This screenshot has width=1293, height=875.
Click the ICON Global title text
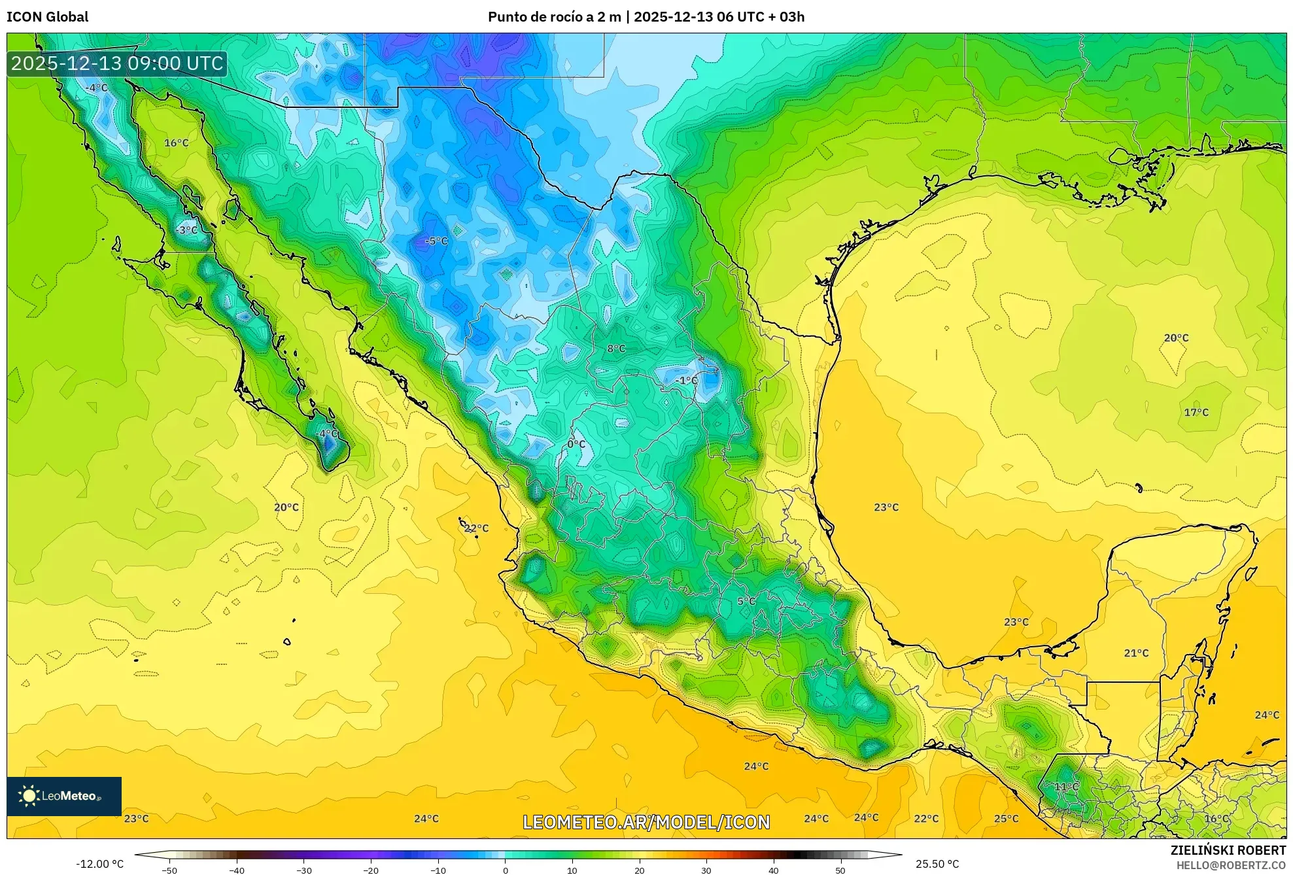47,17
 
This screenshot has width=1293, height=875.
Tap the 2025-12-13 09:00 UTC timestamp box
117,63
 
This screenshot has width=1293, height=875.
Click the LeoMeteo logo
63,796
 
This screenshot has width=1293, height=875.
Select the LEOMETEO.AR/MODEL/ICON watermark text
646,822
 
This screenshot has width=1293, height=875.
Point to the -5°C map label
436,241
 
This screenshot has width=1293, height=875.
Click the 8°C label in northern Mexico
616,349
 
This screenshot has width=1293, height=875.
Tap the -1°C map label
686,381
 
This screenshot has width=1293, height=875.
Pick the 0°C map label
576,444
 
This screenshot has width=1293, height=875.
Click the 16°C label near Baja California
176,143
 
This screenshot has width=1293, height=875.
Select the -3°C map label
186,230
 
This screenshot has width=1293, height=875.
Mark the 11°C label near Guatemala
1066,787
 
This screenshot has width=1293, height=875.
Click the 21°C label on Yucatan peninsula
1136,653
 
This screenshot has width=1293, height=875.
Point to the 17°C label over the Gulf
1196,412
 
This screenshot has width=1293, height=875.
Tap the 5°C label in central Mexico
746,601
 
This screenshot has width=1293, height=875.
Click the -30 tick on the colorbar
304,870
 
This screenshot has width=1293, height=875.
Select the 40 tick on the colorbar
773,870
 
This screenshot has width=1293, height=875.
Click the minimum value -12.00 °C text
99,864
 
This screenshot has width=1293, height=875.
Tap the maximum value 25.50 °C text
937,864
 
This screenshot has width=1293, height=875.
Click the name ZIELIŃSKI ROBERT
1228,850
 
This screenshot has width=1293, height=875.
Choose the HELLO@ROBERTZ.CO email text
1231,865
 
